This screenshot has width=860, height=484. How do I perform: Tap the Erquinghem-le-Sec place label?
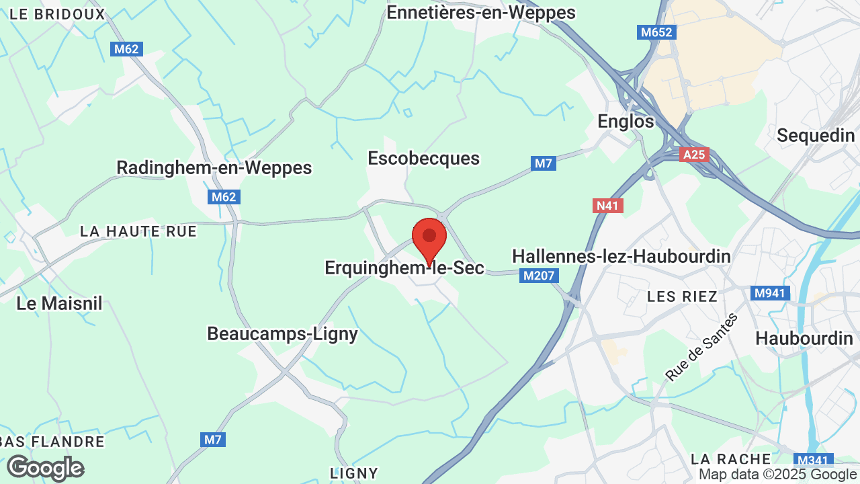click(404, 268)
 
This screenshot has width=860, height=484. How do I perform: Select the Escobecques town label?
click(423, 159)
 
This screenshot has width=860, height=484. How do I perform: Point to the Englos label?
click(626, 122)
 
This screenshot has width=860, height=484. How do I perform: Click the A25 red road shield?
click(693, 155)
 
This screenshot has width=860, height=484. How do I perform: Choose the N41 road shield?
click(607, 206)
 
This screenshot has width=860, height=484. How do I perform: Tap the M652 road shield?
click(656, 32)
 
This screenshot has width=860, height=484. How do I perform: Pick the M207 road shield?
click(539, 276)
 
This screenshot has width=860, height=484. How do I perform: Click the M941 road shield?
click(769, 293)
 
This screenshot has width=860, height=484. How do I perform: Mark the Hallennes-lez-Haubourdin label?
click(621, 256)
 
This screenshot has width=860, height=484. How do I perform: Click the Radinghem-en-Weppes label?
click(214, 167)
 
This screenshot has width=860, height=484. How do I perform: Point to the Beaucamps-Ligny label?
click(282, 333)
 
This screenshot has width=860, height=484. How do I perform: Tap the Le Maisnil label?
click(59, 303)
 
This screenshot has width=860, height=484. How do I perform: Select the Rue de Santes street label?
click(701, 347)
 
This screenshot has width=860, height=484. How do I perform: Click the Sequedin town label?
click(816, 135)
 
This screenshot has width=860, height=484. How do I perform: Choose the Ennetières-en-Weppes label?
click(481, 12)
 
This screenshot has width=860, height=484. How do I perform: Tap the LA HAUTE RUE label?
click(138, 231)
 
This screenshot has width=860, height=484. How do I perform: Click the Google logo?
click(45, 468)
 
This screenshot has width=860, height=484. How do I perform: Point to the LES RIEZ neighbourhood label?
click(682, 296)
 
